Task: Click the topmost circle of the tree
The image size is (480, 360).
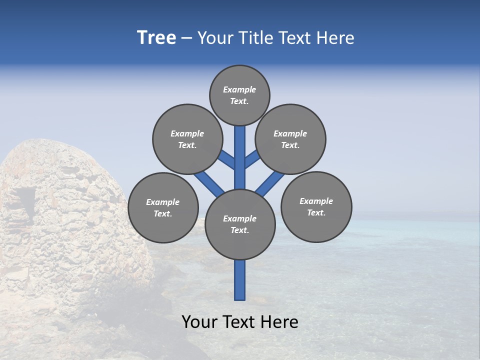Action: coord(239,95)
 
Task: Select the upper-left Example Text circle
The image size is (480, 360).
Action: coord(187,139)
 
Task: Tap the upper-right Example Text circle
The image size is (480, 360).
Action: coord(290,139)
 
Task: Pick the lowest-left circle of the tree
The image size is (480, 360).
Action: coord(163,207)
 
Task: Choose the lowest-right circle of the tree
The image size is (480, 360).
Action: coord(316,206)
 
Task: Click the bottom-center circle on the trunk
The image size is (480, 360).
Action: coord(240,224)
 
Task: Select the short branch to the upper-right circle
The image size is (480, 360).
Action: coord(251,159)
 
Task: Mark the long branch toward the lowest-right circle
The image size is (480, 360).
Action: coord(270,183)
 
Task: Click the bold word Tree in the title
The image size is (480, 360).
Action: coord(156,37)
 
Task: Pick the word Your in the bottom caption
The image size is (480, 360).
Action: coord(199,322)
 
